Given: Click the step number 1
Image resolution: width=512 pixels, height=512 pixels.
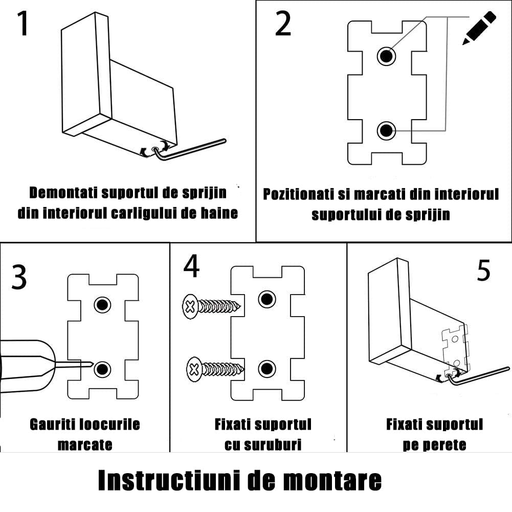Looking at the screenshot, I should pyautogui.click(x=23, y=24).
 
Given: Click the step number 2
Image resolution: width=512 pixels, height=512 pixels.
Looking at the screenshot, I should pyautogui.click(x=283, y=24).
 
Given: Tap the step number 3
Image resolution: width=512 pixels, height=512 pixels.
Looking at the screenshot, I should pyautogui.click(x=18, y=277).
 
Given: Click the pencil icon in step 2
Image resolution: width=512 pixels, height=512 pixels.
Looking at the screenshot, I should pyautogui.click(x=479, y=28).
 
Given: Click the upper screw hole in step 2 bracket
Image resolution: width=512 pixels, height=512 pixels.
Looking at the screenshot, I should pyautogui.click(x=387, y=55).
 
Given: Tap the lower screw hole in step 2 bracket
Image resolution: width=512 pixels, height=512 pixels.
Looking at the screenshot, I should pyautogui.click(x=387, y=131).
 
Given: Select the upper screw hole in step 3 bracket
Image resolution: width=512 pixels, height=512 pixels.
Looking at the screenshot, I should pyautogui.click(x=102, y=305).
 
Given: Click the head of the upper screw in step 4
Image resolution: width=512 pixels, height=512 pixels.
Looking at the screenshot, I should pyautogui.click(x=190, y=307).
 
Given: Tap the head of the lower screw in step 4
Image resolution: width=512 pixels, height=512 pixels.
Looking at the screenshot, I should pyautogui.click(x=194, y=369).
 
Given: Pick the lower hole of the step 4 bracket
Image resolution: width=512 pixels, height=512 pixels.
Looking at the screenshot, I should pyautogui.click(x=266, y=368).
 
